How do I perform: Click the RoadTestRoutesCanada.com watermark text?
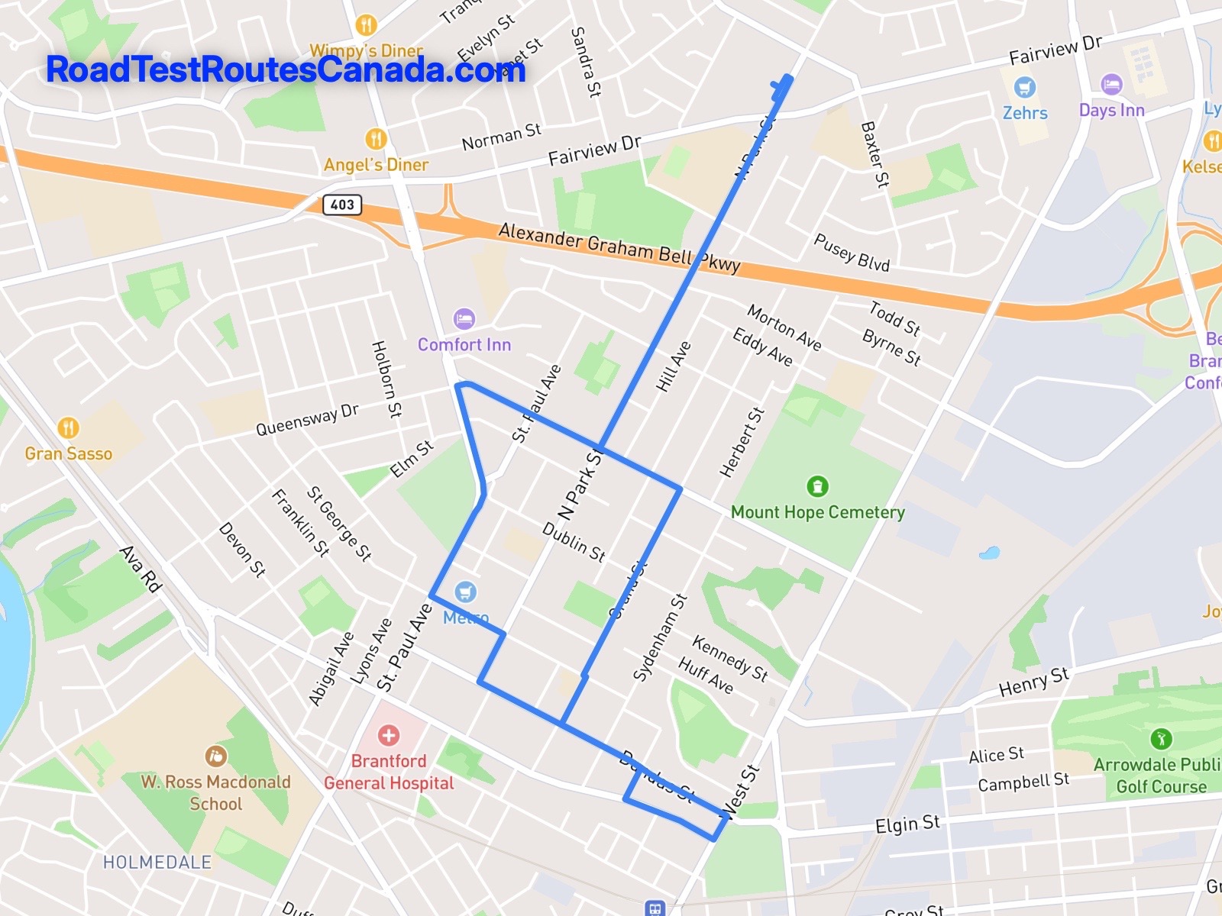(286, 69)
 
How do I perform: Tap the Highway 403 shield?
(341, 205)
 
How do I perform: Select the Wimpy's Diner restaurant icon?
(366, 25)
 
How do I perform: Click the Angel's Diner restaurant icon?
(375, 139)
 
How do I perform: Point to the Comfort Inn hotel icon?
(464, 318)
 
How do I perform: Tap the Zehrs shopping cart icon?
(1024, 87)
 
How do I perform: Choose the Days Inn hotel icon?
(1111, 84)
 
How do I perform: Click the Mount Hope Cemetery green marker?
(817, 485)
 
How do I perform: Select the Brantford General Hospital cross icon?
(389, 735)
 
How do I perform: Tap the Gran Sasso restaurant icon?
(68, 427)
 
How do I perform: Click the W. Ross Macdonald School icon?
(215, 756)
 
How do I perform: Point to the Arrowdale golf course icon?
(1161, 738)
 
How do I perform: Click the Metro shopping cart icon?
(465, 592)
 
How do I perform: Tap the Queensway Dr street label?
(307, 419)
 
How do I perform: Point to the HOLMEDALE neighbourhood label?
(157, 862)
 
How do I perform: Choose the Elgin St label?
(907, 824)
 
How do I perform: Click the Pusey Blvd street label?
(852, 253)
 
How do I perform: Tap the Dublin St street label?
(574, 542)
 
